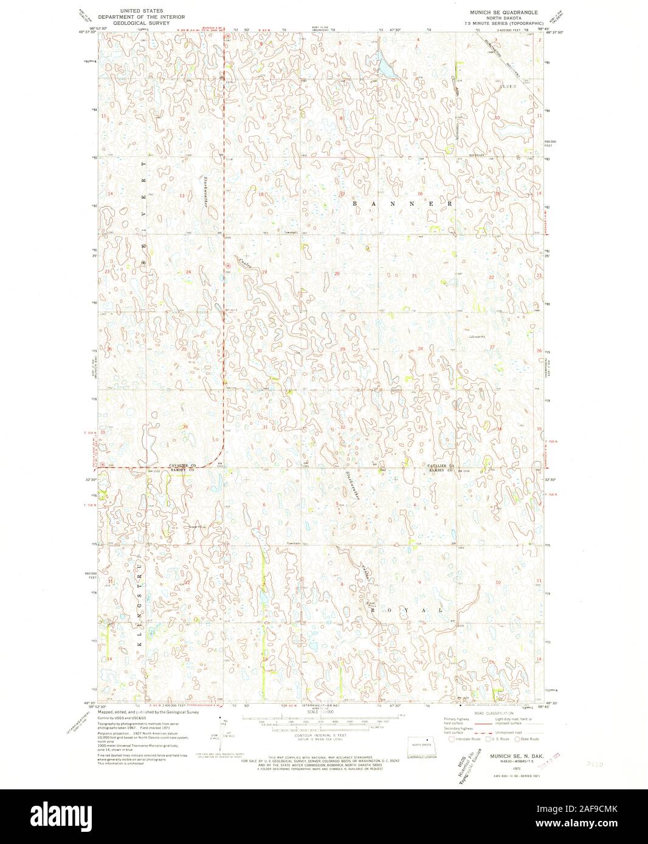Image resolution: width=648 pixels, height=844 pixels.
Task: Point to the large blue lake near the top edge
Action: (384, 64)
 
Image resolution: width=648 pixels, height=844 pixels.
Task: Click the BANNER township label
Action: (402, 204)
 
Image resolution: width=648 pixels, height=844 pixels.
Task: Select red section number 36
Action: (184, 427)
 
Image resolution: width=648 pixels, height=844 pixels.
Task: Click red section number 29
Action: (342, 349)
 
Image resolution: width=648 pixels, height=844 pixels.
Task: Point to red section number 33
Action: (421, 427)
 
